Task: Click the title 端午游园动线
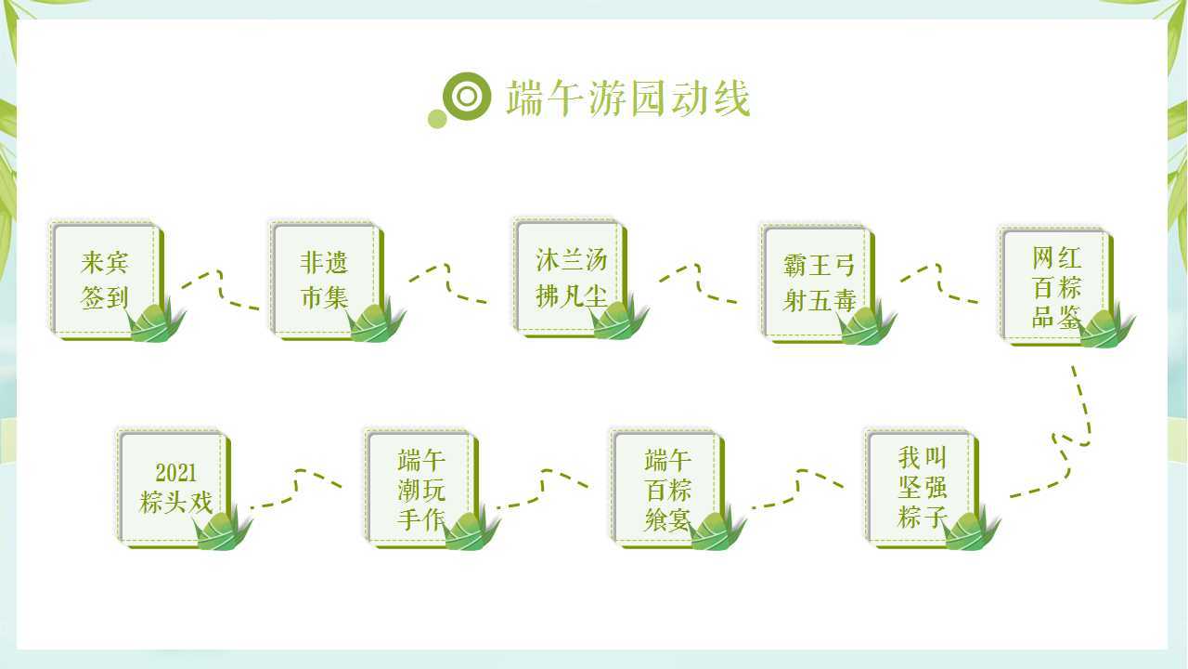628,98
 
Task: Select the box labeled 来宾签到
106,281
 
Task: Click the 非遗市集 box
326,281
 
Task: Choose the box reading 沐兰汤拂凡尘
570,277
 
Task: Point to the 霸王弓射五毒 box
818,283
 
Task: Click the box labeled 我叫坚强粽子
922,488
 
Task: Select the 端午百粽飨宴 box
667,488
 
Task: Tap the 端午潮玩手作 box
421,488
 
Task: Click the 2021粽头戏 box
174,488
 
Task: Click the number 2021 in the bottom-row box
175,473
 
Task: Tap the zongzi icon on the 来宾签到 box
155,321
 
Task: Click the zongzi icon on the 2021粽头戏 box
222,528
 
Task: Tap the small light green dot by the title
437,119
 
